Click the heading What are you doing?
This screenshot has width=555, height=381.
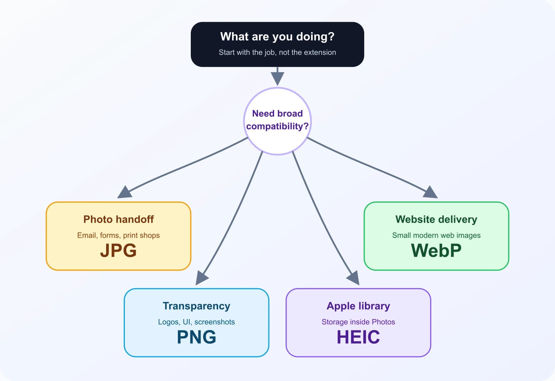point(277,36)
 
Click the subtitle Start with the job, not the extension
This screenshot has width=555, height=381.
point(277,52)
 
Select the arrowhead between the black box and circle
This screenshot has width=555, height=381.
point(277,78)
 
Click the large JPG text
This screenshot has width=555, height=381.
point(118,250)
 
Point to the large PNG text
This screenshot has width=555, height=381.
point(196,337)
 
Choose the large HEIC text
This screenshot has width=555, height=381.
point(358,337)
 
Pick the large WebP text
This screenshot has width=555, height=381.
point(436,250)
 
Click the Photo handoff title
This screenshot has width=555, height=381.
point(118,219)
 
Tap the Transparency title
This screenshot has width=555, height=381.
point(196,306)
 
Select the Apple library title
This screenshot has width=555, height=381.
point(358,306)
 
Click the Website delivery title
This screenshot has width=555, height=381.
point(436,219)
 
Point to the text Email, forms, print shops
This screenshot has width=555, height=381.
point(118,235)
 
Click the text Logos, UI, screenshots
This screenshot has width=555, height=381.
point(196,322)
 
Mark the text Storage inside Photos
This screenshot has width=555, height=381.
point(358,322)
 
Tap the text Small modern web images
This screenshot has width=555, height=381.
point(436,235)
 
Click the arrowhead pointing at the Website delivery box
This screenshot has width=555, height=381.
point(430,193)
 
